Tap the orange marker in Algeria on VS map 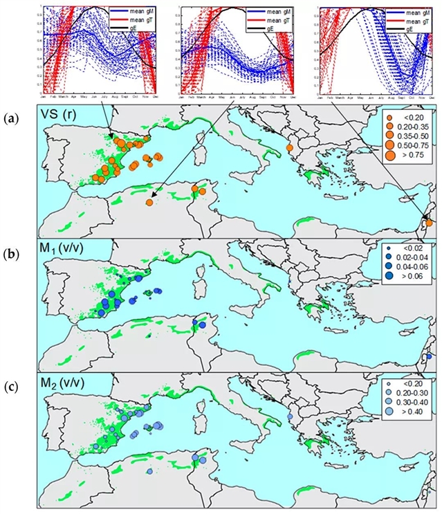(x=149, y=202)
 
